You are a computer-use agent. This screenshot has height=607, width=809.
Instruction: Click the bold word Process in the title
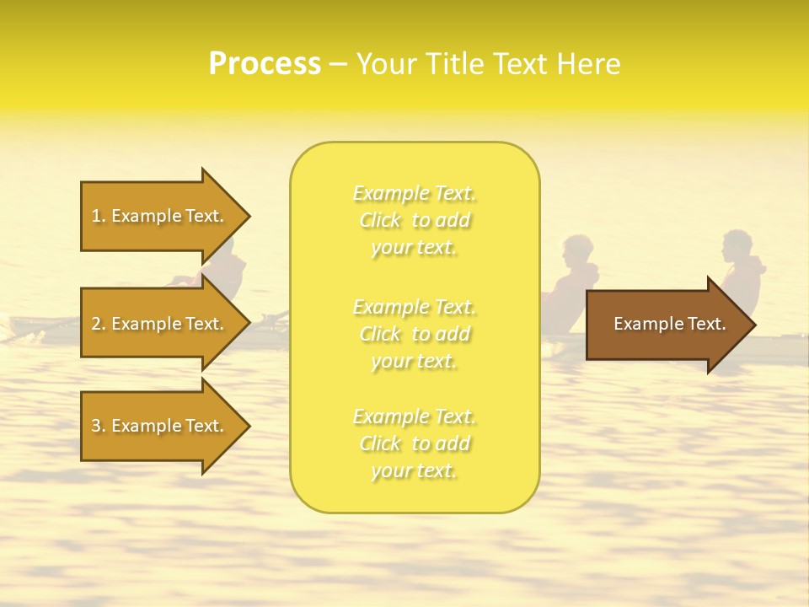(x=265, y=64)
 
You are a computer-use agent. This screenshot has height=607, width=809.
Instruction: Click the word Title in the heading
(x=453, y=64)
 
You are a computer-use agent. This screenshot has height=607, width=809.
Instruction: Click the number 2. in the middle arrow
(x=99, y=324)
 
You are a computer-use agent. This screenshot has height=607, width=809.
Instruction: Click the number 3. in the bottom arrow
(x=99, y=426)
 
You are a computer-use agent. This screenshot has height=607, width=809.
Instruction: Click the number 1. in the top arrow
(x=99, y=216)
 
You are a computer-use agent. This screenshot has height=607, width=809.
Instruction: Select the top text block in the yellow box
(x=415, y=220)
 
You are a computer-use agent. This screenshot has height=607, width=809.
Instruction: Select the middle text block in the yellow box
(x=415, y=334)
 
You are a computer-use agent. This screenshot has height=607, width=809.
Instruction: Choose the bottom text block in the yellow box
(x=415, y=443)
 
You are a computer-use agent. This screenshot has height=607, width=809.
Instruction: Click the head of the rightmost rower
(x=739, y=245)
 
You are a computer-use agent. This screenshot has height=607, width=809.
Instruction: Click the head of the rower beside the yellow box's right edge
(x=577, y=250)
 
